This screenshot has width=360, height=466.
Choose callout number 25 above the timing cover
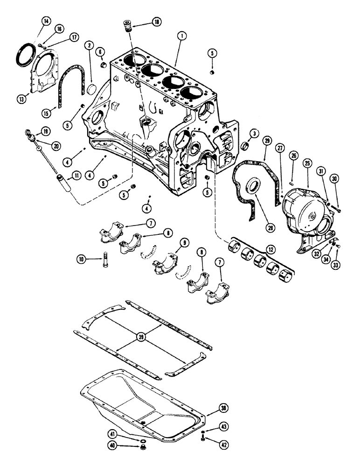[x=307, y=163]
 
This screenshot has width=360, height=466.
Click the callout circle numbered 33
[x=334, y=255]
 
